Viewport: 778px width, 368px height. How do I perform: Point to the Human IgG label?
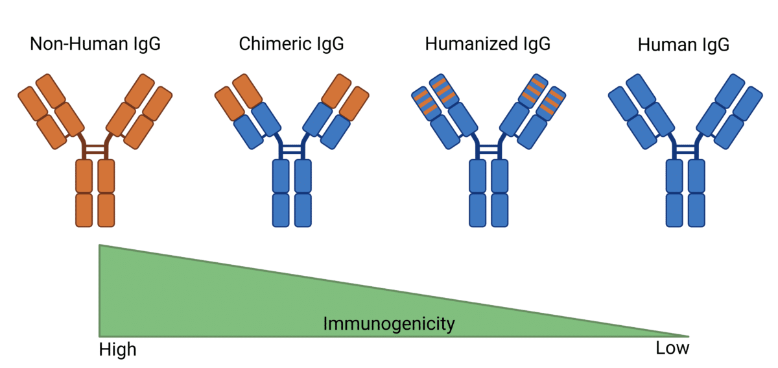click(x=683, y=45)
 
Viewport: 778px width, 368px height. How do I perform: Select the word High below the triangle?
click(x=117, y=350)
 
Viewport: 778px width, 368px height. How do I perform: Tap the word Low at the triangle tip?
click(x=672, y=349)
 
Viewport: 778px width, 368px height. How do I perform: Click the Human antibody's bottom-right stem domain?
click(x=696, y=210)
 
